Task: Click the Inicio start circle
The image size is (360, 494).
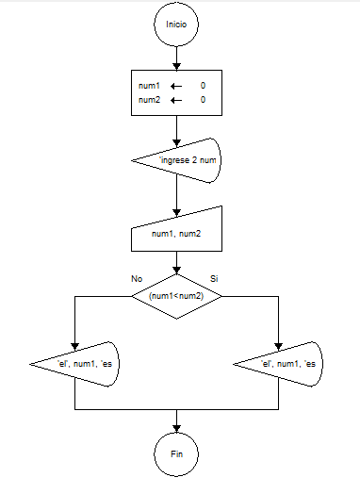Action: click(176, 24)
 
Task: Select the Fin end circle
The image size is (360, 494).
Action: click(176, 453)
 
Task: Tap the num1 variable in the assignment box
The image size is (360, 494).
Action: click(150, 86)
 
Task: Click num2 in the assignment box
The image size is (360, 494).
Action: click(150, 100)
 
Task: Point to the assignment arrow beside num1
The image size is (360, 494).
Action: click(175, 86)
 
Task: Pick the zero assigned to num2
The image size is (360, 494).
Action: click(203, 100)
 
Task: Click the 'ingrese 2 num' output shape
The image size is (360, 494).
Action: click(179, 160)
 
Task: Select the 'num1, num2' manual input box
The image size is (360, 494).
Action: click(176, 233)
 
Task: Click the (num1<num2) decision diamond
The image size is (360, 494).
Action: click(176, 295)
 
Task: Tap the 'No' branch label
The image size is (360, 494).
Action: click(137, 279)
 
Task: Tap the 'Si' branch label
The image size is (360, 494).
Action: click(214, 279)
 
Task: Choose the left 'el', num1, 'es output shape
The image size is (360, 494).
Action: click(75, 364)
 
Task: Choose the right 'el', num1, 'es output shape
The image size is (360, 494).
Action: click(280, 364)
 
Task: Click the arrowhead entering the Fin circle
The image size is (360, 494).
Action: click(176, 429)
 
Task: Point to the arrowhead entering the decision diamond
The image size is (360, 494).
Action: click(176, 271)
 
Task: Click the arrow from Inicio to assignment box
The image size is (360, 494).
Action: click(176, 57)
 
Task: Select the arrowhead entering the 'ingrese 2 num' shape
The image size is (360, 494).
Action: click(176, 136)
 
